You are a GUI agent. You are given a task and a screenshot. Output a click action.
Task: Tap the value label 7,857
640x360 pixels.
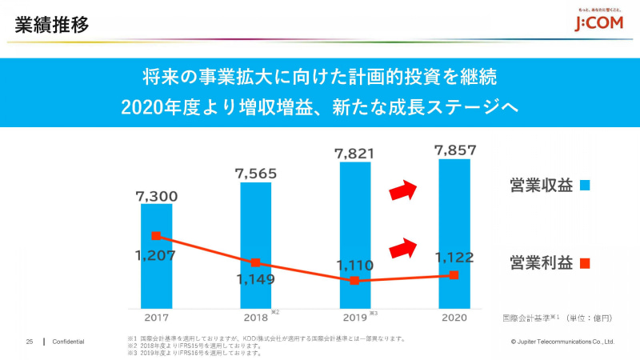[454, 150]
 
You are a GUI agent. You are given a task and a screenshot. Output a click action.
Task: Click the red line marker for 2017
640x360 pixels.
[156, 236]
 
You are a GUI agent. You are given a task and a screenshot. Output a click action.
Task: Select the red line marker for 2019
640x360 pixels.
[354, 281]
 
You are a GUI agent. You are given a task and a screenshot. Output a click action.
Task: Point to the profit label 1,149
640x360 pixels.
[255, 279]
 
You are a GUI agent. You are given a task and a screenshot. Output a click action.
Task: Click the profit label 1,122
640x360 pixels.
[454, 258]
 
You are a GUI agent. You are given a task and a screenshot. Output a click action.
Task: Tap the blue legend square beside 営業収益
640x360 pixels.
[585, 186]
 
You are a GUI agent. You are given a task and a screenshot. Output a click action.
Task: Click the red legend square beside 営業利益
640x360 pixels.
[585, 262]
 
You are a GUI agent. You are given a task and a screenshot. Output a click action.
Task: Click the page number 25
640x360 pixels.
[29, 342]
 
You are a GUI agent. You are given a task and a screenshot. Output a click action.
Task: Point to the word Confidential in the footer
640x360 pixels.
[69, 342]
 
